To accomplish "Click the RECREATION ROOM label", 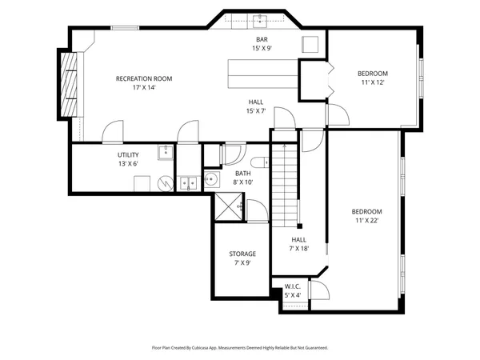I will point(144,78).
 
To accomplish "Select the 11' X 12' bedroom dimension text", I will point(372,82).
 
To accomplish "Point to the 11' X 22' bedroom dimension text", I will point(367,220).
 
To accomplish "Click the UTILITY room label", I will point(129,154).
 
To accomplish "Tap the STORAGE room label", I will point(242,254).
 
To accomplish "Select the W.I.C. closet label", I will point(294,286).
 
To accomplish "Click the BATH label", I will point(243,173).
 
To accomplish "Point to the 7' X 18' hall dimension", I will point(298,248).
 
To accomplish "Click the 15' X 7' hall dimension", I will point(255,110).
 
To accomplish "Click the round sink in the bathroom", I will point(212,178).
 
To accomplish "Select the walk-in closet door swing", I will point(317,290).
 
